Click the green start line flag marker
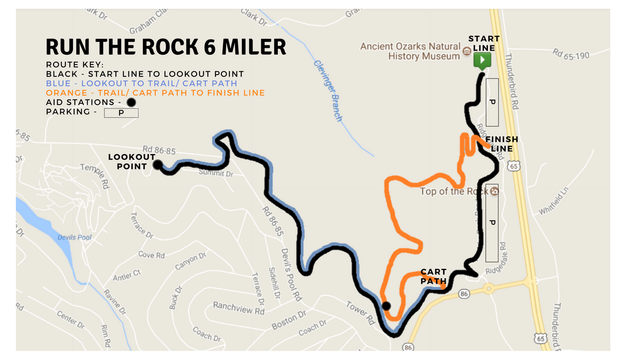tap(483, 61)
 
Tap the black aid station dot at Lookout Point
tap(157, 165)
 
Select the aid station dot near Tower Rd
tap(386, 305)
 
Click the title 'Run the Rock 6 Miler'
tap(166, 46)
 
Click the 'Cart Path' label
tap(433, 276)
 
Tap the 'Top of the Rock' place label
tap(455, 192)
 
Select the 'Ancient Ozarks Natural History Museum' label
tap(410, 51)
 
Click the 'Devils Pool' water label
tap(72, 238)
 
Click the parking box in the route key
tap(121, 112)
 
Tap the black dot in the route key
tap(131, 102)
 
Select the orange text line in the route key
tap(155, 93)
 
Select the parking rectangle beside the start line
tap(493, 102)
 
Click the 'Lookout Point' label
tap(131, 162)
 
